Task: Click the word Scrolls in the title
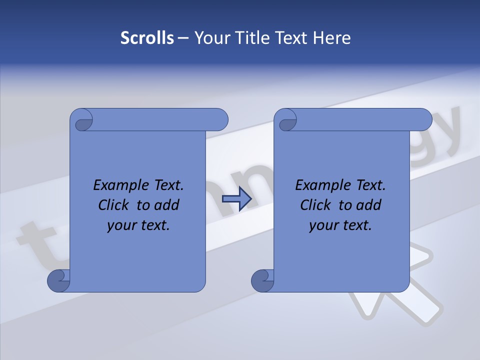(x=147, y=38)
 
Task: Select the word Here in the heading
(x=332, y=38)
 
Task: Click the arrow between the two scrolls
(x=236, y=199)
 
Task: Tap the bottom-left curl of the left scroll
(x=58, y=281)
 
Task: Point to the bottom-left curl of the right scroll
(x=262, y=281)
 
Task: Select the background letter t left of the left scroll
(x=40, y=245)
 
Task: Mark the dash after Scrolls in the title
(x=183, y=38)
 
